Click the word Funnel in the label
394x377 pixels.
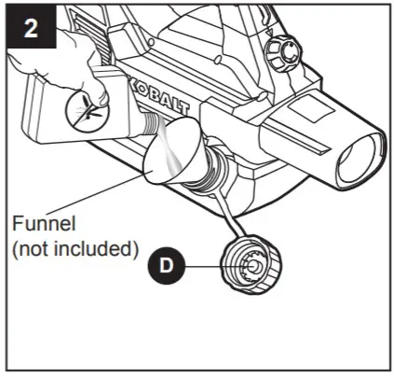(x=45, y=227)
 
